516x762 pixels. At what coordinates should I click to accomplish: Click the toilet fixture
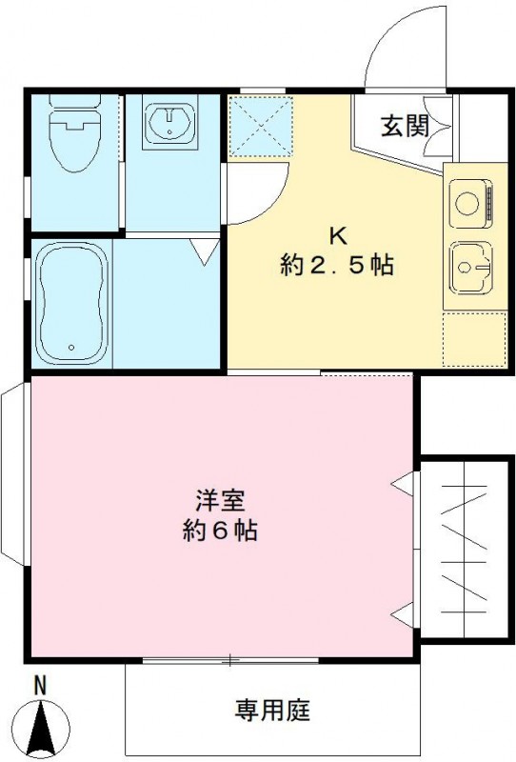73,133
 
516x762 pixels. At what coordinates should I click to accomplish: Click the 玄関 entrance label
405,126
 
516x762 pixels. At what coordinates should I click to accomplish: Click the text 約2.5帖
337,267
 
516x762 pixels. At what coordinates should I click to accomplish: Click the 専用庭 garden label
273,710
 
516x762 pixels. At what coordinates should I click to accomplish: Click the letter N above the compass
40,684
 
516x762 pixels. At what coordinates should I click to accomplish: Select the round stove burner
466,203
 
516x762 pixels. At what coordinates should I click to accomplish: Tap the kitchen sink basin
469,267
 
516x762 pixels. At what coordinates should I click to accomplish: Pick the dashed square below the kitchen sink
474,339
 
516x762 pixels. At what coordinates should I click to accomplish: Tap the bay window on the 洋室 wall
14,473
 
